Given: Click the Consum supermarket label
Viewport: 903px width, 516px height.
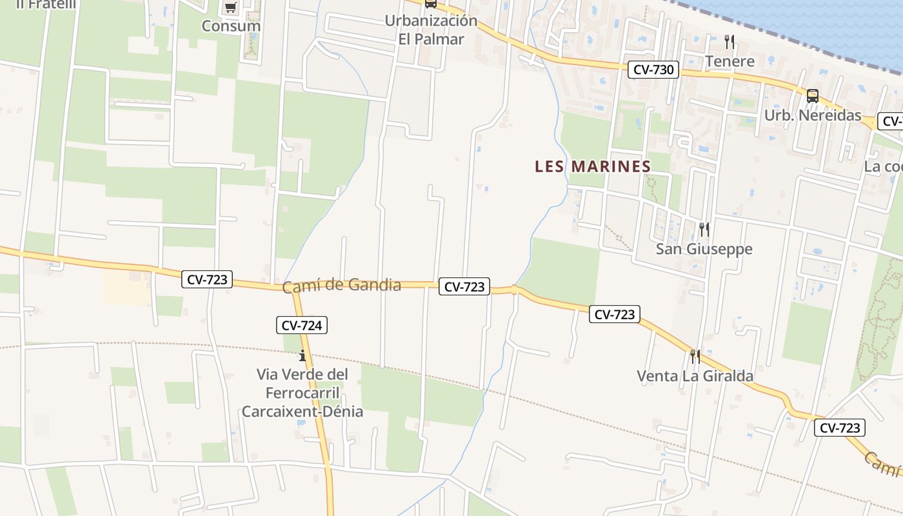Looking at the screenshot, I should click(x=231, y=26).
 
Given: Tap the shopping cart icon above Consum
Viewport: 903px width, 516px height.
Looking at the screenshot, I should click(x=230, y=8).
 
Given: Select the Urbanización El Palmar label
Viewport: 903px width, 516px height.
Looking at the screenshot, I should click(x=431, y=30).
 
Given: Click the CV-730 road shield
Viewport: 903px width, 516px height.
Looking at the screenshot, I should click(x=653, y=70).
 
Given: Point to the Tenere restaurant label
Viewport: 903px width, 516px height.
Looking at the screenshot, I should click(x=729, y=61).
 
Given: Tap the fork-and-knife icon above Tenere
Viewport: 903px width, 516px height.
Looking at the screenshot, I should click(x=729, y=42).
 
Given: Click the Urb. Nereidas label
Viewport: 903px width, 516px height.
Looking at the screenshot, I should click(x=812, y=115).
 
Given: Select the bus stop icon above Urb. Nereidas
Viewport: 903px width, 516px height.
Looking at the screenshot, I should click(x=813, y=96).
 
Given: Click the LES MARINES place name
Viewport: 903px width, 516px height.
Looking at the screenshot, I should click(x=593, y=166).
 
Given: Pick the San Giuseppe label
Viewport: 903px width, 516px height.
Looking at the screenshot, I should click(x=704, y=249).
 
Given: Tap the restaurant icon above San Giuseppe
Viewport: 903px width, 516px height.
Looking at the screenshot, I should click(x=704, y=229).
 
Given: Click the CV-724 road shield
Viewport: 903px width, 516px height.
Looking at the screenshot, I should click(x=303, y=325).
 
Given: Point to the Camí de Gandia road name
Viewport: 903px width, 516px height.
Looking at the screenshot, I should click(x=342, y=284).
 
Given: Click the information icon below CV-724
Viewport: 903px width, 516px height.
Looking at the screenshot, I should click(x=303, y=355).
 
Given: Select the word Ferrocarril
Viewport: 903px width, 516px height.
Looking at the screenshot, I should click(x=303, y=393).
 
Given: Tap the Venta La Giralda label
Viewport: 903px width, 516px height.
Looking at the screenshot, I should click(x=695, y=375).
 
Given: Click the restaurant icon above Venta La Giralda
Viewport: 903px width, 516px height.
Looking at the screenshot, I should click(x=695, y=356).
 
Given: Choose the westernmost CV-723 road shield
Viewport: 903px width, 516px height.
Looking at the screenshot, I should click(x=207, y=279).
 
